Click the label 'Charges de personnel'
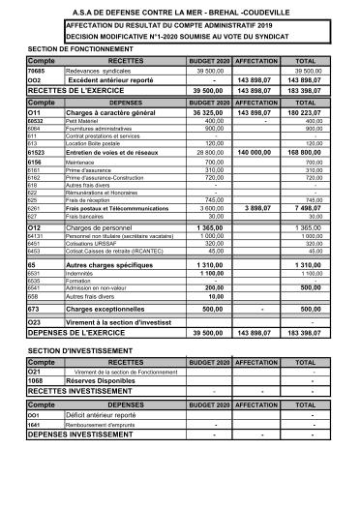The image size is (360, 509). [x=103, y=226]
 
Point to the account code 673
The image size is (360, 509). [x=34, y=309]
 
